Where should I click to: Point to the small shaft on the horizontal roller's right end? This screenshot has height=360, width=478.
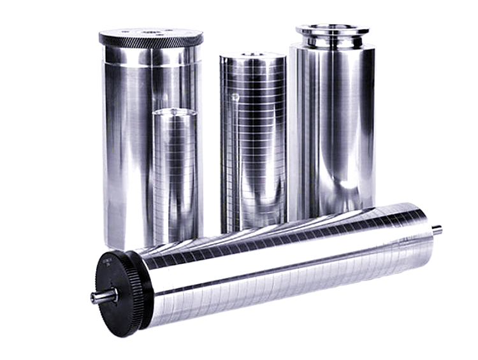click(437, 230)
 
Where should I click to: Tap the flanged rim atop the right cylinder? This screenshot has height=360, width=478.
click(332, 30)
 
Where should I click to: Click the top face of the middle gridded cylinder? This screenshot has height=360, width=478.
click(253, 57)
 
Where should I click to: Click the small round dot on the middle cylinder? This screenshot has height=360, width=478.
click(235, 97)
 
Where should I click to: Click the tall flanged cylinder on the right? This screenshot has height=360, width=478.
click(332, 127)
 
